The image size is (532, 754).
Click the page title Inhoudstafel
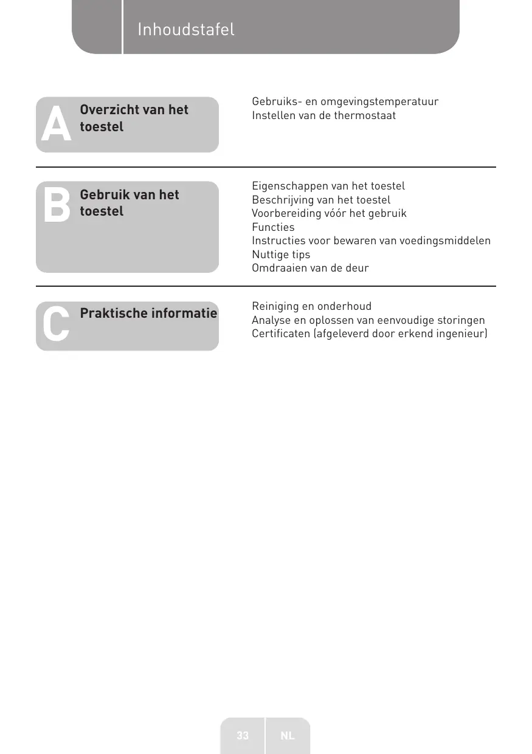[185, 29]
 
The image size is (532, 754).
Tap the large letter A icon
[56, 126]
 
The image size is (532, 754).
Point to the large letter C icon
[56, 323]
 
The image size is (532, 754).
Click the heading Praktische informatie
[148, 314]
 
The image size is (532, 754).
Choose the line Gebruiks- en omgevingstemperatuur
[345, 101]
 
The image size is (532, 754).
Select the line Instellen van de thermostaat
[323, 115]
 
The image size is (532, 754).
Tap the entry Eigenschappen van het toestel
[328, 186]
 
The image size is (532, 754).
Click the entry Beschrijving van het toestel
[321, 200]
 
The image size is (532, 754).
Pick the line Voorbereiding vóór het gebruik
[329, 213]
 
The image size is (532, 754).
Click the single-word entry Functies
[273, 227]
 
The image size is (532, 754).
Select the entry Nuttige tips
[281, 255]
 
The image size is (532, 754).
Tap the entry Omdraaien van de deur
[310, 268]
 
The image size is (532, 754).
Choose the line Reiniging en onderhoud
[311, 306]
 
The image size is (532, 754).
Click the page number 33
[243, 736]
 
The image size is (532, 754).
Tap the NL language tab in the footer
[288, 736]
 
